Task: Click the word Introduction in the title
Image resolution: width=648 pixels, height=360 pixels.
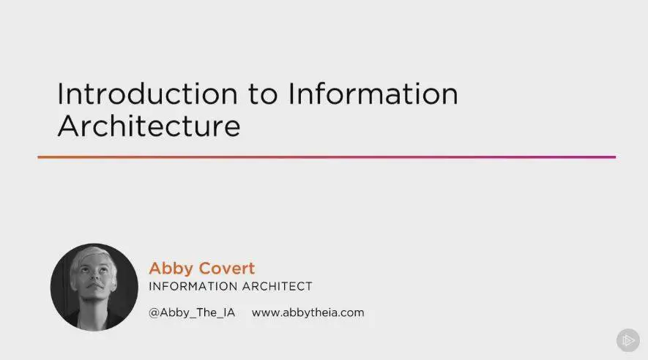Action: pos(147,94)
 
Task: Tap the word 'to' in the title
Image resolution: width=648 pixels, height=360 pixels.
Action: pos(263,94)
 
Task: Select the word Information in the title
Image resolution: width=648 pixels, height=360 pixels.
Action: pos(373,94)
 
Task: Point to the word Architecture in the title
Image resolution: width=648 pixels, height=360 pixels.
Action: pos(149,126)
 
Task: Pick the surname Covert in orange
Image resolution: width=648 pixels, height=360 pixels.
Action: pos(227,269)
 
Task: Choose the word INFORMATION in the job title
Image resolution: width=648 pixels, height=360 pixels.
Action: pos(192,287)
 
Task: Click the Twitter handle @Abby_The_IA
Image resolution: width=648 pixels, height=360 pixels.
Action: pos(192,313)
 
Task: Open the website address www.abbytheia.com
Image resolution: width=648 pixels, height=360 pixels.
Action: pos(308,313)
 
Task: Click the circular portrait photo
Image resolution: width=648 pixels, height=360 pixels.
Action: pos(94,287)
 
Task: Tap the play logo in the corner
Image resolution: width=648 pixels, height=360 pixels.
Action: pos(628,340)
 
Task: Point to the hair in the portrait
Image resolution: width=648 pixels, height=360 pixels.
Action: pos(92,257)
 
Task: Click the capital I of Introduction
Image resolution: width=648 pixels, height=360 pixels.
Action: pos(60,94)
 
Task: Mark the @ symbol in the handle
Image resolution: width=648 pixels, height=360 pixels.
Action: pos(154,313)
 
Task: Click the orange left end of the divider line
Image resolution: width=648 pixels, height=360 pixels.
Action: pos(38,157)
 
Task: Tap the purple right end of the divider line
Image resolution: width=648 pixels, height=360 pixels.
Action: pos(615,157)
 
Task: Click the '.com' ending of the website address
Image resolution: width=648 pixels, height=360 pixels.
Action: pos(351,314)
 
